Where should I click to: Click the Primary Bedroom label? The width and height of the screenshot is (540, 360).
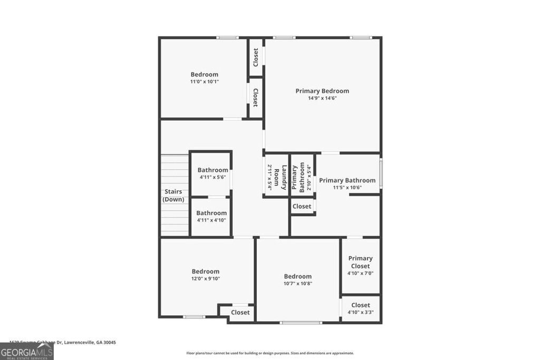(x=322, y=91)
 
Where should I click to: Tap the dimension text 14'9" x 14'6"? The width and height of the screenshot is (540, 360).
(x=322, y=98)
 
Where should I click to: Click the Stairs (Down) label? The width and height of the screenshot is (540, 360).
(x=173, y=196)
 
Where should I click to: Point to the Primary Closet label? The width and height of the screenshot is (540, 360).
(x=360, y=262)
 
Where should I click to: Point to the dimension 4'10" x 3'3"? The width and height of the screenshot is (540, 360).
(x=361, y=312)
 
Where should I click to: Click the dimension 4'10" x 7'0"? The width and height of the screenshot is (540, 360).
(x=360, y=273)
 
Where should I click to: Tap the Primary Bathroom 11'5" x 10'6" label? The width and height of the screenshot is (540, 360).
(x=347, y=183)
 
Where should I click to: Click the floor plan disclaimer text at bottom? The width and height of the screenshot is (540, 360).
(x=270, y=353)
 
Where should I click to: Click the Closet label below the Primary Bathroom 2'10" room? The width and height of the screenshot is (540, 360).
(x=302, y=206)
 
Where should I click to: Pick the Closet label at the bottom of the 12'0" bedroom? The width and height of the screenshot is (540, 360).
(x=240, y=313)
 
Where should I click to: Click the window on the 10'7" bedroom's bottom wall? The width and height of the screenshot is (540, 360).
(x=301, y=322)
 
